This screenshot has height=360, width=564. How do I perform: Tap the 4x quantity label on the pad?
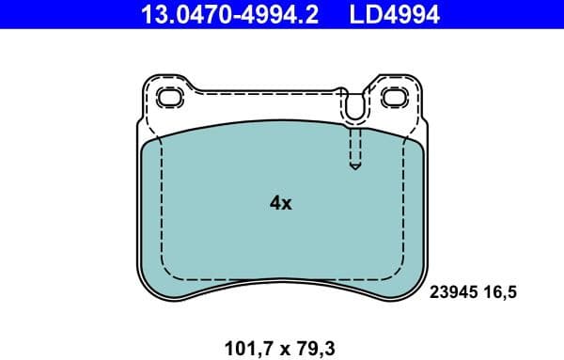pos(281,203)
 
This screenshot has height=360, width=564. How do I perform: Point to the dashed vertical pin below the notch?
pos(354,146)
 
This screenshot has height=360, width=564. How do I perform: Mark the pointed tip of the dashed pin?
pos(354,168)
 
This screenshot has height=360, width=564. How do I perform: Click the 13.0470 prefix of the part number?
pos(184,15)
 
